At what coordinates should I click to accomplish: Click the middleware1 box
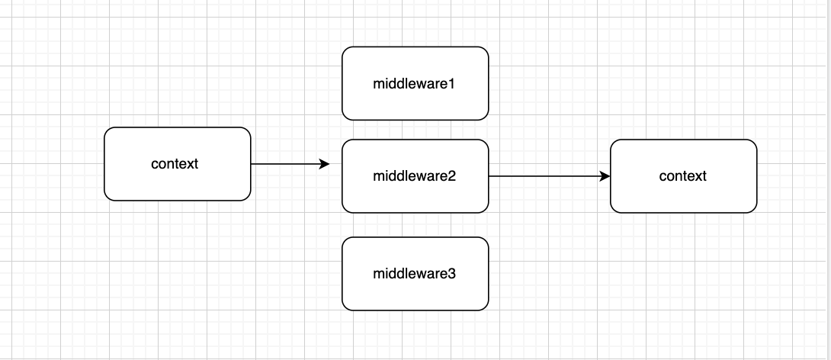415,84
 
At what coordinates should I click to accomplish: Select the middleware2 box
415,176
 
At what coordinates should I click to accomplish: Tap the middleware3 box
415,273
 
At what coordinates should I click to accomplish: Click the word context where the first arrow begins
175,164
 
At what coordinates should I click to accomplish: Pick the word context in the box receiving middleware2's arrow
682,176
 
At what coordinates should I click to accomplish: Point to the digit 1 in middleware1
452,84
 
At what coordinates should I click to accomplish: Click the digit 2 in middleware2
452,176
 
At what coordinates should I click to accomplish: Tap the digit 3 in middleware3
452,273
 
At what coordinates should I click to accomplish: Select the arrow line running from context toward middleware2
286,164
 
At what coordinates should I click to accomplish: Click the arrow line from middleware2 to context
545,176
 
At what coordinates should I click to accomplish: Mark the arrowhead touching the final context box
605,176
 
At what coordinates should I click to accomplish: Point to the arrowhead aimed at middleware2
325,164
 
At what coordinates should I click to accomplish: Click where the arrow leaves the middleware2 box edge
489,176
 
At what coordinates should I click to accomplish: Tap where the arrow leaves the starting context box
251,164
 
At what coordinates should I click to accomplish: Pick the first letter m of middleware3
378,273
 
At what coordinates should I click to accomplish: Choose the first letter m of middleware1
378,84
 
